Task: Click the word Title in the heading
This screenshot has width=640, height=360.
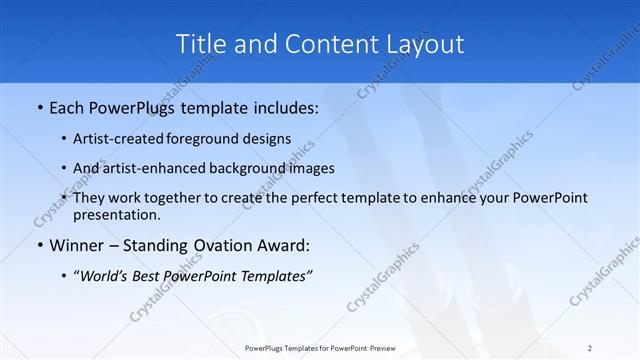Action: (x=200, y=44)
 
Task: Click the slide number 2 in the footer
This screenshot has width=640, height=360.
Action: (x=590, y=347)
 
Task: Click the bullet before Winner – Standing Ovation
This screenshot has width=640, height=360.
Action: (x=39, y=246)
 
